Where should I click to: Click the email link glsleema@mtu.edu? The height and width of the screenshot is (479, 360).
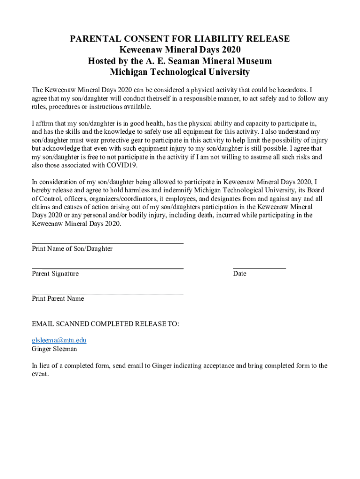tap(59, 341)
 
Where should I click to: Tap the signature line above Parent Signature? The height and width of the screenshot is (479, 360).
tap(108, 268)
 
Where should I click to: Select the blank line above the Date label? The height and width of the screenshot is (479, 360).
tap(259, 268)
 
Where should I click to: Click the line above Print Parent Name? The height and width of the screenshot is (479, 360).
tap(108, 294)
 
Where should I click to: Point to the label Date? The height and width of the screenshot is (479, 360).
tap(239, 274)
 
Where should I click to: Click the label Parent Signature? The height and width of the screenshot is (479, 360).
tap(55, 274)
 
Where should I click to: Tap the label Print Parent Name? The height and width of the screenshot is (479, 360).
tap(58, 298)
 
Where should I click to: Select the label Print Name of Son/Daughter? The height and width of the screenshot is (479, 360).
tap(72, 249)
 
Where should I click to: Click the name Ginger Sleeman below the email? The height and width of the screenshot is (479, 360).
tap(54, 349)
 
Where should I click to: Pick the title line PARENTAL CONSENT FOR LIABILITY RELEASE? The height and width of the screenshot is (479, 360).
tap(180, 39)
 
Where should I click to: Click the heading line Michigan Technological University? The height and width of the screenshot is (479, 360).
tap(180, 73)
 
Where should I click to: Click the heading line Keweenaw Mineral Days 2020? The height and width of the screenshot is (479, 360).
tap(180, 50)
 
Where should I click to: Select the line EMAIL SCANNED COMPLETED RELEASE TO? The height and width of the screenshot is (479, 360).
tap(105, 324)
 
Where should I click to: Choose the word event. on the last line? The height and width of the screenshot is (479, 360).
tap(40, 374)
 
